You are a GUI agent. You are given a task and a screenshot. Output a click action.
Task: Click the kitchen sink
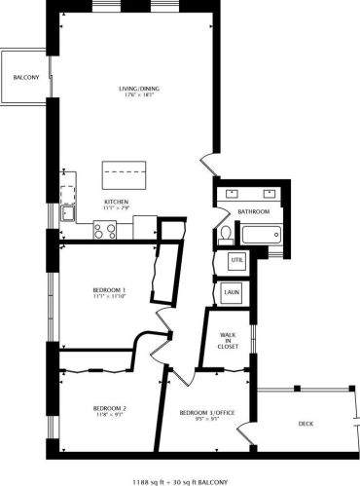pyautogui.click(x=69, y=213)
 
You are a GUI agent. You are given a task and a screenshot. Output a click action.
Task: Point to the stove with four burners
pyautogui.click(x=104, y=230)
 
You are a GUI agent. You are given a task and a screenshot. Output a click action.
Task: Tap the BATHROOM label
pyautogui.click(x=253, y=211)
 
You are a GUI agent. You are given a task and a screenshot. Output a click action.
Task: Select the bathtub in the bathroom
pyautogui.click(x=261, y=235)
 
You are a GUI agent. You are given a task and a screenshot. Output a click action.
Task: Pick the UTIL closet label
pyautogui.click(x=236, y=261)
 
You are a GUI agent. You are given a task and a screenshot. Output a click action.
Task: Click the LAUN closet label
pyautogui.click(x=232, y=291)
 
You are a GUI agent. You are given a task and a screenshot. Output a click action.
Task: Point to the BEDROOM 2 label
pyautogui.click(x=110, y=407)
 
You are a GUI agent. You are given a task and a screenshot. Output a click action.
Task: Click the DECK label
pyautogui.click(x=306, y=424)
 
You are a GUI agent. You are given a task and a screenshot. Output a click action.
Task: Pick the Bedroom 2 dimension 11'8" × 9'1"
pyautogui.click(x=110, y=415)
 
